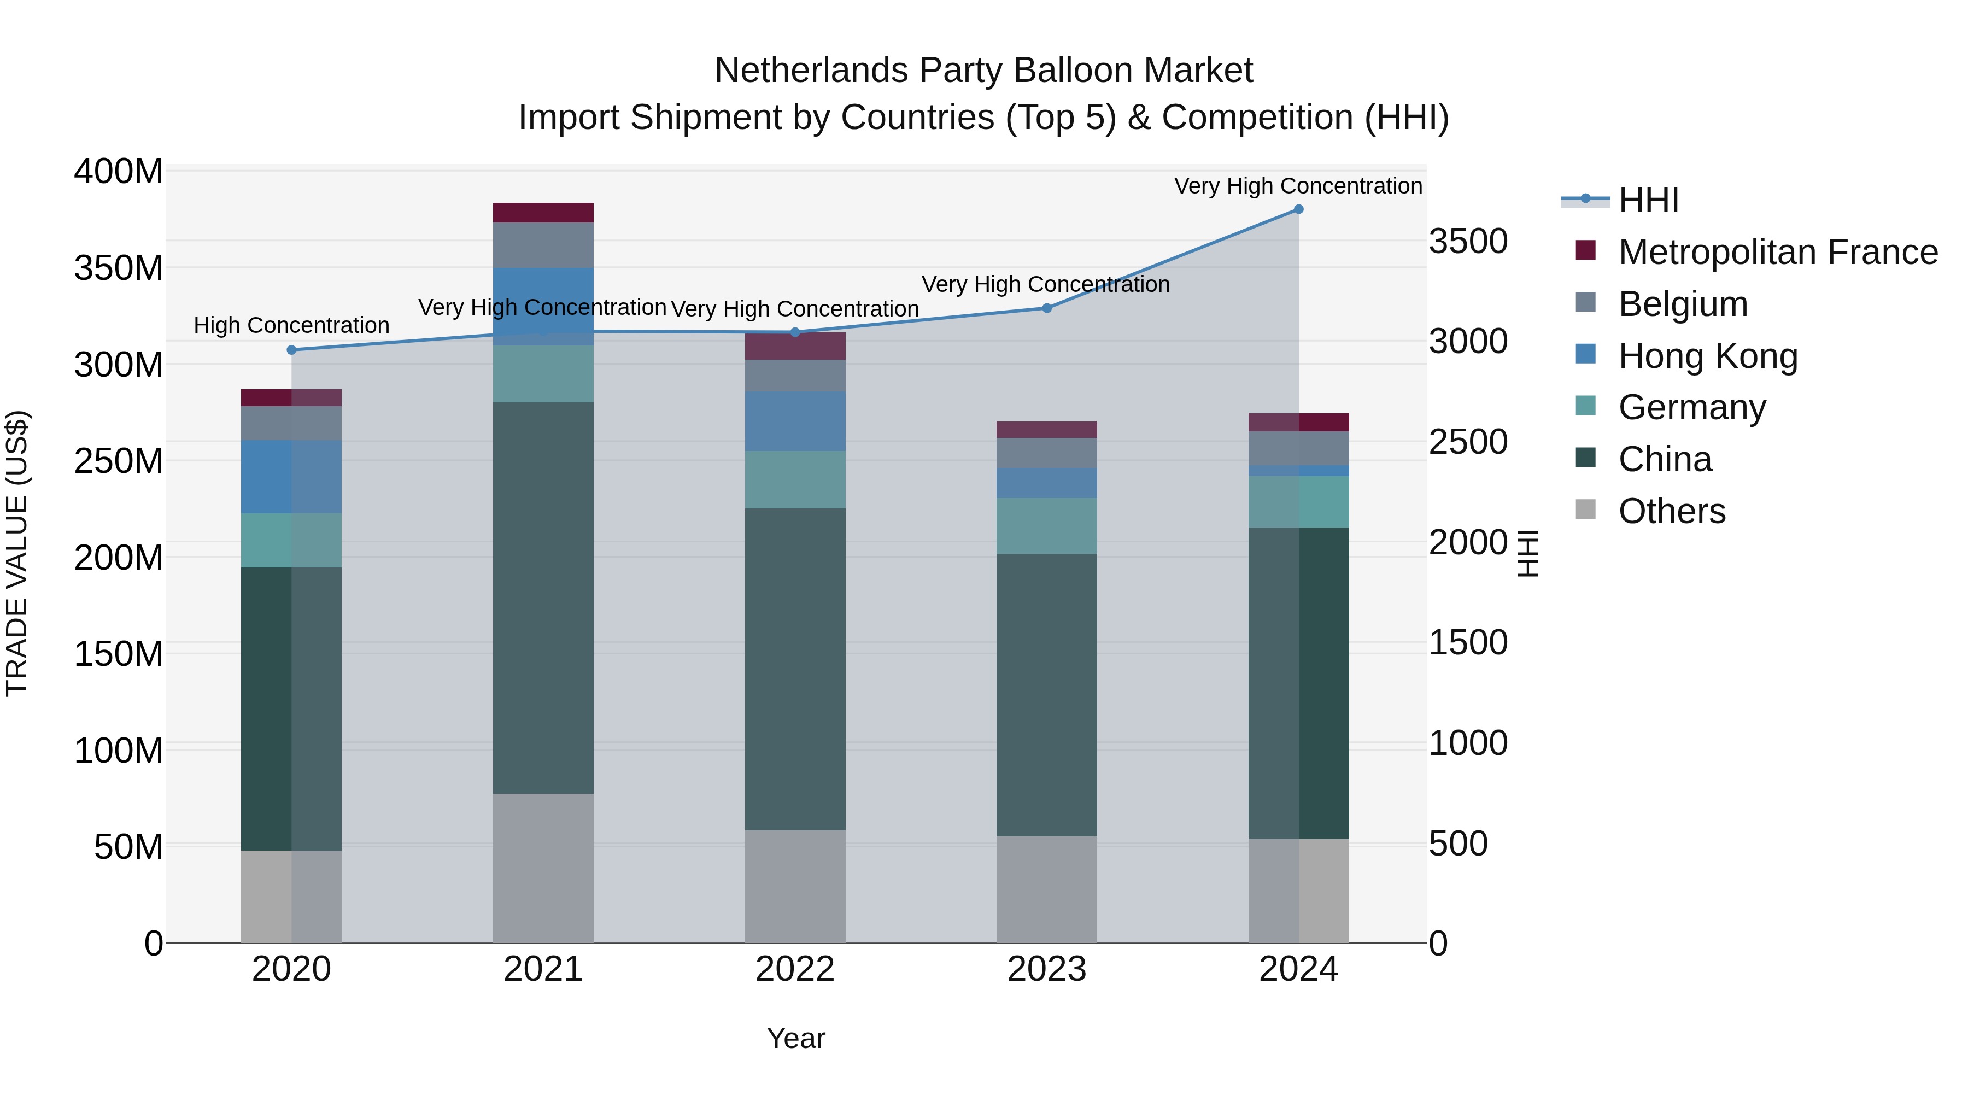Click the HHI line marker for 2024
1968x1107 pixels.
click(1298, 209)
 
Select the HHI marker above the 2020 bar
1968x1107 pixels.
click(291, 350)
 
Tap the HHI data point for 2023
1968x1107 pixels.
click(1047, 309)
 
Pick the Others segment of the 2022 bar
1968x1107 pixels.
click(794, 886)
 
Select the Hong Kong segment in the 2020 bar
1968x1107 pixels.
click(291, 477)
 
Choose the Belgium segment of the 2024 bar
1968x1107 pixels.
click(1298, 448)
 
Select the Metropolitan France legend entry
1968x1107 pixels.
click(1777, 252)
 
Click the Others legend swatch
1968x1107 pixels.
click(1586, 509)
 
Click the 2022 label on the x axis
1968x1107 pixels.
click(794, 969)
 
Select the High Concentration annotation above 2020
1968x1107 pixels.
click(291, 325)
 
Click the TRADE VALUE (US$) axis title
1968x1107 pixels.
click(17, 554)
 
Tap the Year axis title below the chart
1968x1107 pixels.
click(795, 1038)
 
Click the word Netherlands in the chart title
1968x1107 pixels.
click(811, 71)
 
